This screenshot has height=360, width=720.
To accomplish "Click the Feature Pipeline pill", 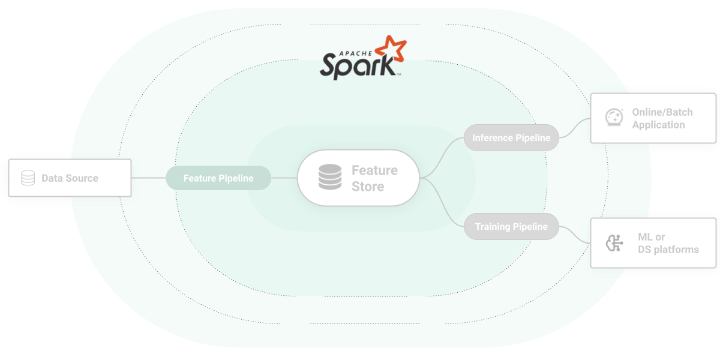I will point(218,178).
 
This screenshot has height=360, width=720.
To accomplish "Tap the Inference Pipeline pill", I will point(511,138).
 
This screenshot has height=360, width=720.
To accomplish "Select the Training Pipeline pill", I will point(511,227).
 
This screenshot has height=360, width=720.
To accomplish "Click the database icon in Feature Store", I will point(329,178).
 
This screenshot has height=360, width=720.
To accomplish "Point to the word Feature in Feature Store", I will point(374,170).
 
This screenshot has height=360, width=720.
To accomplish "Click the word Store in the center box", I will point(368,187).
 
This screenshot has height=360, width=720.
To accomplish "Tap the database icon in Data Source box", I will point(28,178).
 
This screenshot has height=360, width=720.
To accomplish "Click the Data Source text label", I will point(70,178).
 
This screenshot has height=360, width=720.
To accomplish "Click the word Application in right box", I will point(658,125).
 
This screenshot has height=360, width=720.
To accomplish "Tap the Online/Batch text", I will point(662,112).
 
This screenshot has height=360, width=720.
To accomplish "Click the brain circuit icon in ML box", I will point(613,243).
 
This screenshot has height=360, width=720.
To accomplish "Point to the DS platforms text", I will point(668,250).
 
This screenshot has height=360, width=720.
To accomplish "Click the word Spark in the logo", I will point(354,66).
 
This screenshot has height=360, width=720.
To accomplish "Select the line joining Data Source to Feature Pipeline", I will point(148,178).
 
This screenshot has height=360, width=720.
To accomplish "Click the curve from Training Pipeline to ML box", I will point(575,236).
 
